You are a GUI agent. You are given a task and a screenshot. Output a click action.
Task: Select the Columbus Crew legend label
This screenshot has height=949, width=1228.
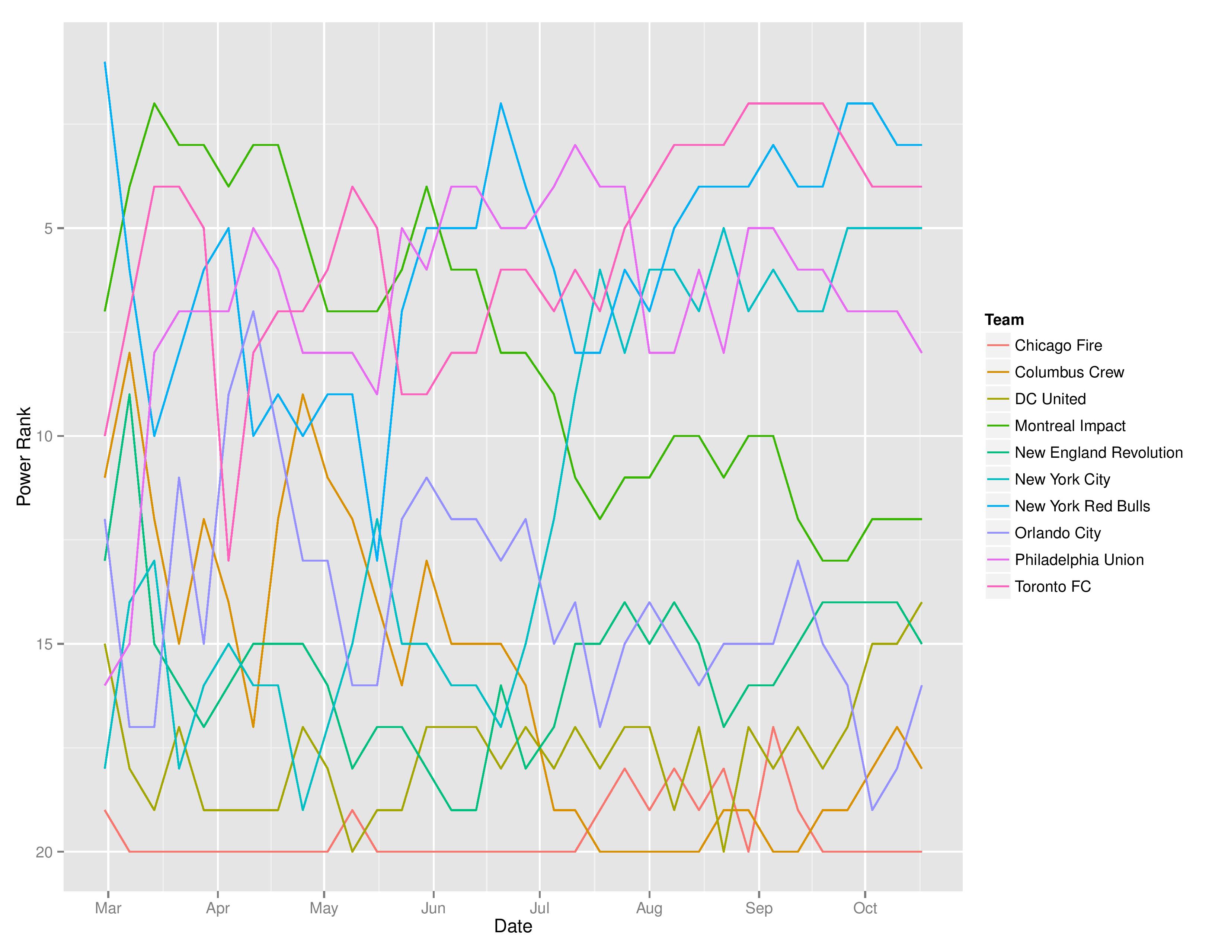coord(1069,372)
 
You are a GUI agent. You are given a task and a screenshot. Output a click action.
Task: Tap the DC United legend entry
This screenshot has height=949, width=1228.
coord(1050,399)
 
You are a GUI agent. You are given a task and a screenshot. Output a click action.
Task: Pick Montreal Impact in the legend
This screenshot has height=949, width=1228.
coord(1069,426)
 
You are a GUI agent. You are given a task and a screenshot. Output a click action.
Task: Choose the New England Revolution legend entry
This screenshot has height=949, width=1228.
coord(1098,453)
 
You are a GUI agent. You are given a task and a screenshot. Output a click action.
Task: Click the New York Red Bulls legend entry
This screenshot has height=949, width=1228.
coord(1082,506)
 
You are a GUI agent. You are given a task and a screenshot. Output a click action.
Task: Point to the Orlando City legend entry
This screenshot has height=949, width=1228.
coord(1057,533)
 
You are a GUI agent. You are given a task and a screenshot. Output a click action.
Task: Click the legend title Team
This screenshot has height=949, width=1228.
coord(1004,320)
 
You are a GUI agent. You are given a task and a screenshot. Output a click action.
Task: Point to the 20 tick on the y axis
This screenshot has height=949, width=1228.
coord(44,852)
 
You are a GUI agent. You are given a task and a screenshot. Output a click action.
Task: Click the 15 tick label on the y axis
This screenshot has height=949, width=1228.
coord(44,644)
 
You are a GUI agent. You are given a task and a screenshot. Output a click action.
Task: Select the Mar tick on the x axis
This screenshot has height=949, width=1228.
coord(108,908)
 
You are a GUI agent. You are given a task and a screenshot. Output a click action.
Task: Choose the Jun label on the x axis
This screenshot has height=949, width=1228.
coord(433,908)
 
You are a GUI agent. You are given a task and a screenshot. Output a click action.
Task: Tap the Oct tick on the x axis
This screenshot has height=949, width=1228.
coord(865,908)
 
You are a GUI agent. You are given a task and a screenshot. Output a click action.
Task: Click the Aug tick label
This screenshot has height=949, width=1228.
coord(649,908)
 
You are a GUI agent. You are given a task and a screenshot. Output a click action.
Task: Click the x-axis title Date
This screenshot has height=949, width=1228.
coord(513,927)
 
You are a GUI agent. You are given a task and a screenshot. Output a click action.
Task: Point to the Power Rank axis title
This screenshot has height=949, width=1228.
coord(23,457)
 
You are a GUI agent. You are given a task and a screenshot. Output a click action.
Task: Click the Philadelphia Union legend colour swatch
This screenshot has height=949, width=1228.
coord(997,560)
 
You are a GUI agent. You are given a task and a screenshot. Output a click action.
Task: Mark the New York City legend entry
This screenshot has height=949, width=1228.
coord(1062,480)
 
